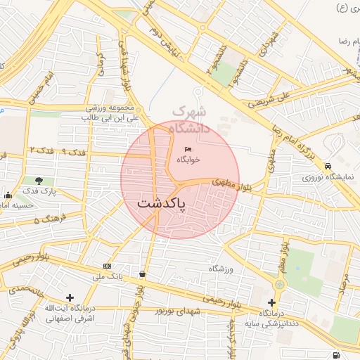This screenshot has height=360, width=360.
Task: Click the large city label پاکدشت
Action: click(x=161, y=205)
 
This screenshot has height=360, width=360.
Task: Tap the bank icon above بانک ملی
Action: click(x=107, y=266)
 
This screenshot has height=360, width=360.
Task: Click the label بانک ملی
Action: click(x=107, y=276)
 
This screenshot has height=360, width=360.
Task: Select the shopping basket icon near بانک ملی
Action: click(x=143, y=274)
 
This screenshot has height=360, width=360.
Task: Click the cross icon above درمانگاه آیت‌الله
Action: click(x=69, y=297)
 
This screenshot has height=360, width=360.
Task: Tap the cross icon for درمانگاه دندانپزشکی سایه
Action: click(x=271, y=302)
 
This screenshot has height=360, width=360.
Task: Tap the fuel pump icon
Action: click(x=335, y=355)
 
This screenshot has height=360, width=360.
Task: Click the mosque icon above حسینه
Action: click(x=8, y=195)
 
